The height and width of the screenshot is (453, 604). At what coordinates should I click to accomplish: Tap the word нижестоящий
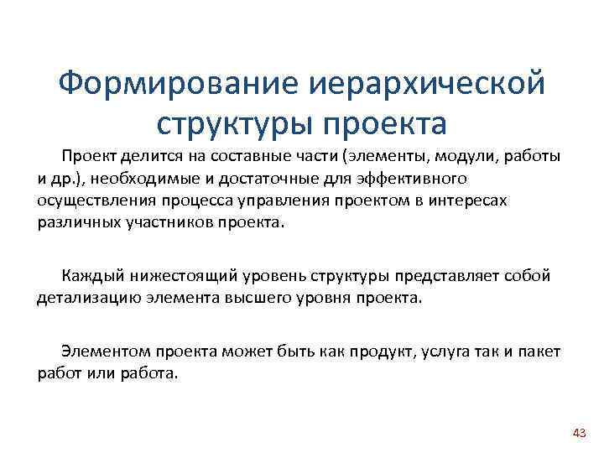pos(179,275)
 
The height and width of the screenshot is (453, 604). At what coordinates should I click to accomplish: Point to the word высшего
pos(253,298)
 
